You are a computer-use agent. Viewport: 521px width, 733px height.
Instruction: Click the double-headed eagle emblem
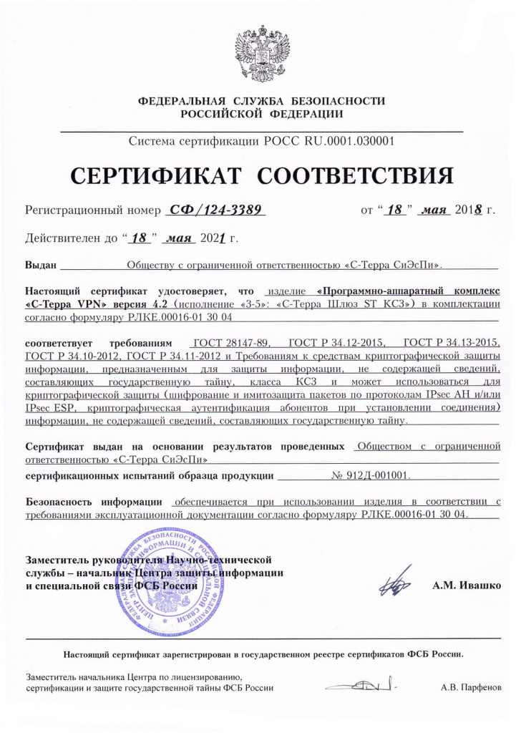260,54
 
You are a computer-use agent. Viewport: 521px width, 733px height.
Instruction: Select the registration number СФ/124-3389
215,210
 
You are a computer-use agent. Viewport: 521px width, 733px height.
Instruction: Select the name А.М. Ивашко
466,585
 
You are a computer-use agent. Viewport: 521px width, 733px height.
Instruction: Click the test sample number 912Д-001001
371,474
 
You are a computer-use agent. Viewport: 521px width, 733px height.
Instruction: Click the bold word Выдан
41,265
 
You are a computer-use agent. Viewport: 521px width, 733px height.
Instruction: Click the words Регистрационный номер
90,210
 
